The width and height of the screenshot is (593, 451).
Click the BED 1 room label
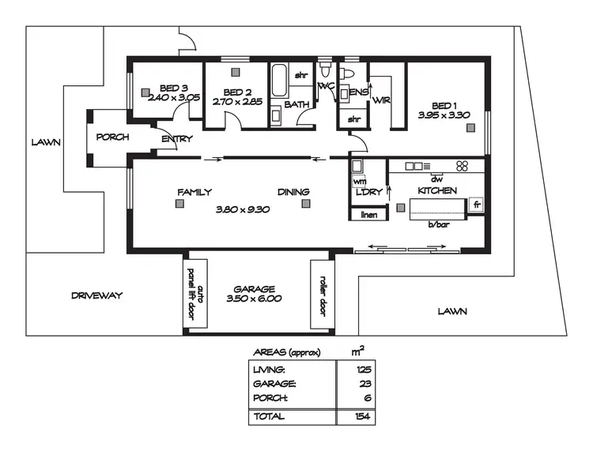444,105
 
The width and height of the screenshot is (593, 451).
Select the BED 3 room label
174,88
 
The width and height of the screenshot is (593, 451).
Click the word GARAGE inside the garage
253,288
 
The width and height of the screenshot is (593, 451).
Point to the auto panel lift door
195,293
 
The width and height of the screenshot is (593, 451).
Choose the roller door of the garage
320,293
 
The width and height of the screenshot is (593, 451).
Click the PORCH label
112,137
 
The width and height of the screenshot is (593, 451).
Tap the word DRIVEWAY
96,295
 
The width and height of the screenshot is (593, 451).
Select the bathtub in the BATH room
280,82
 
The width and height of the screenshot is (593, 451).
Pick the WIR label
381,100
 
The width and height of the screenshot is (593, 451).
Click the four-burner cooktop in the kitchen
463,166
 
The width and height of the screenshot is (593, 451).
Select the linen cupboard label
368,214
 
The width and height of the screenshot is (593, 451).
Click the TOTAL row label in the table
268,415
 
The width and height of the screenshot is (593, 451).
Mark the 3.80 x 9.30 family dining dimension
243,210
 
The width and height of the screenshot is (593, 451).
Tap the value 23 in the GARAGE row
364,384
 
